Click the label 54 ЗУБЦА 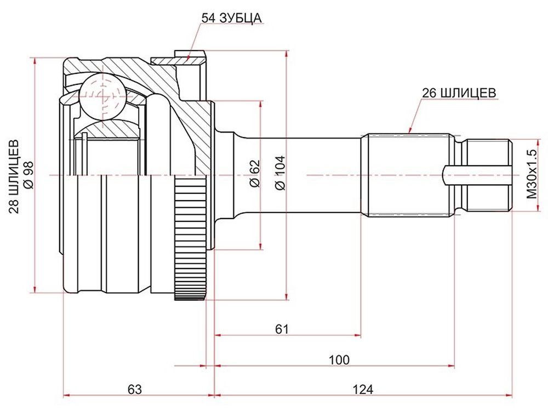(x=232, y=18)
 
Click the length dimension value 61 (x=282, y=329)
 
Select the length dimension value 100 (x=339, y=359)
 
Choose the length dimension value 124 (x=362, y=389)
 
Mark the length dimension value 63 (x=135, y=389)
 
